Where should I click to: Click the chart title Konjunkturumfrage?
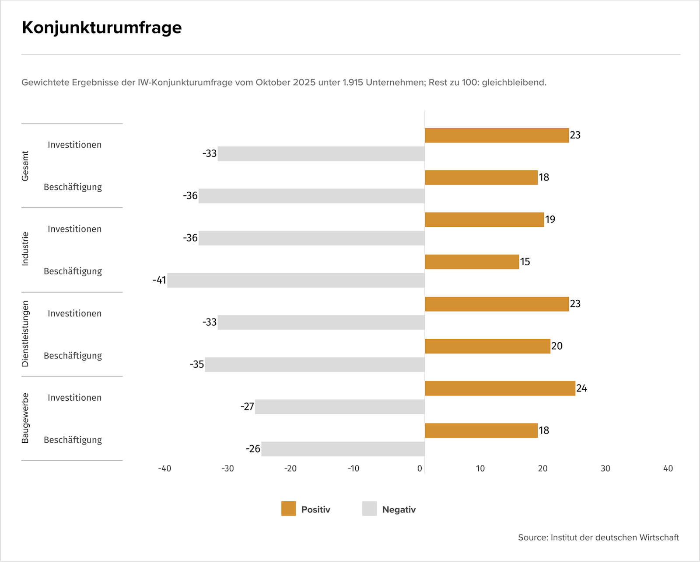click(101, 28)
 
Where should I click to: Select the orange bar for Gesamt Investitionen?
click(497, 135)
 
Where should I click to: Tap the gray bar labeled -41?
click(296, 280)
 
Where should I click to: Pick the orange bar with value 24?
click(500, 389)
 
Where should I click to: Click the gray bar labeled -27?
click(339, 407)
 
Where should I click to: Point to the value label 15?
click(525, 262)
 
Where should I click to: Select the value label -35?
click(197, 364)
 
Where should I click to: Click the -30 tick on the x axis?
click(227, 468)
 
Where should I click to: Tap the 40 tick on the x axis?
click(668, 468)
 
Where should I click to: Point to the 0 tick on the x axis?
click(420, 468)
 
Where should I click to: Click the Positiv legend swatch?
click(289, 509)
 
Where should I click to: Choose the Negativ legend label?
click(399, 510)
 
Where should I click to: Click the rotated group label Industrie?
click(25, 249)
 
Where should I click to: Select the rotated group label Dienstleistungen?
click(25, 333)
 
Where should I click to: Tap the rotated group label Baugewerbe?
click(25, 418)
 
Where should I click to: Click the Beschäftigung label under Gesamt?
click(73, 187)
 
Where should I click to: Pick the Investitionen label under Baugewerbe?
click(74, 398)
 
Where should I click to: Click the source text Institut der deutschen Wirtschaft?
click(614, 538)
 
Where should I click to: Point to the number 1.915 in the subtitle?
click(353, 83)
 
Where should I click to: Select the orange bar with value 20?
click(487, 347)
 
